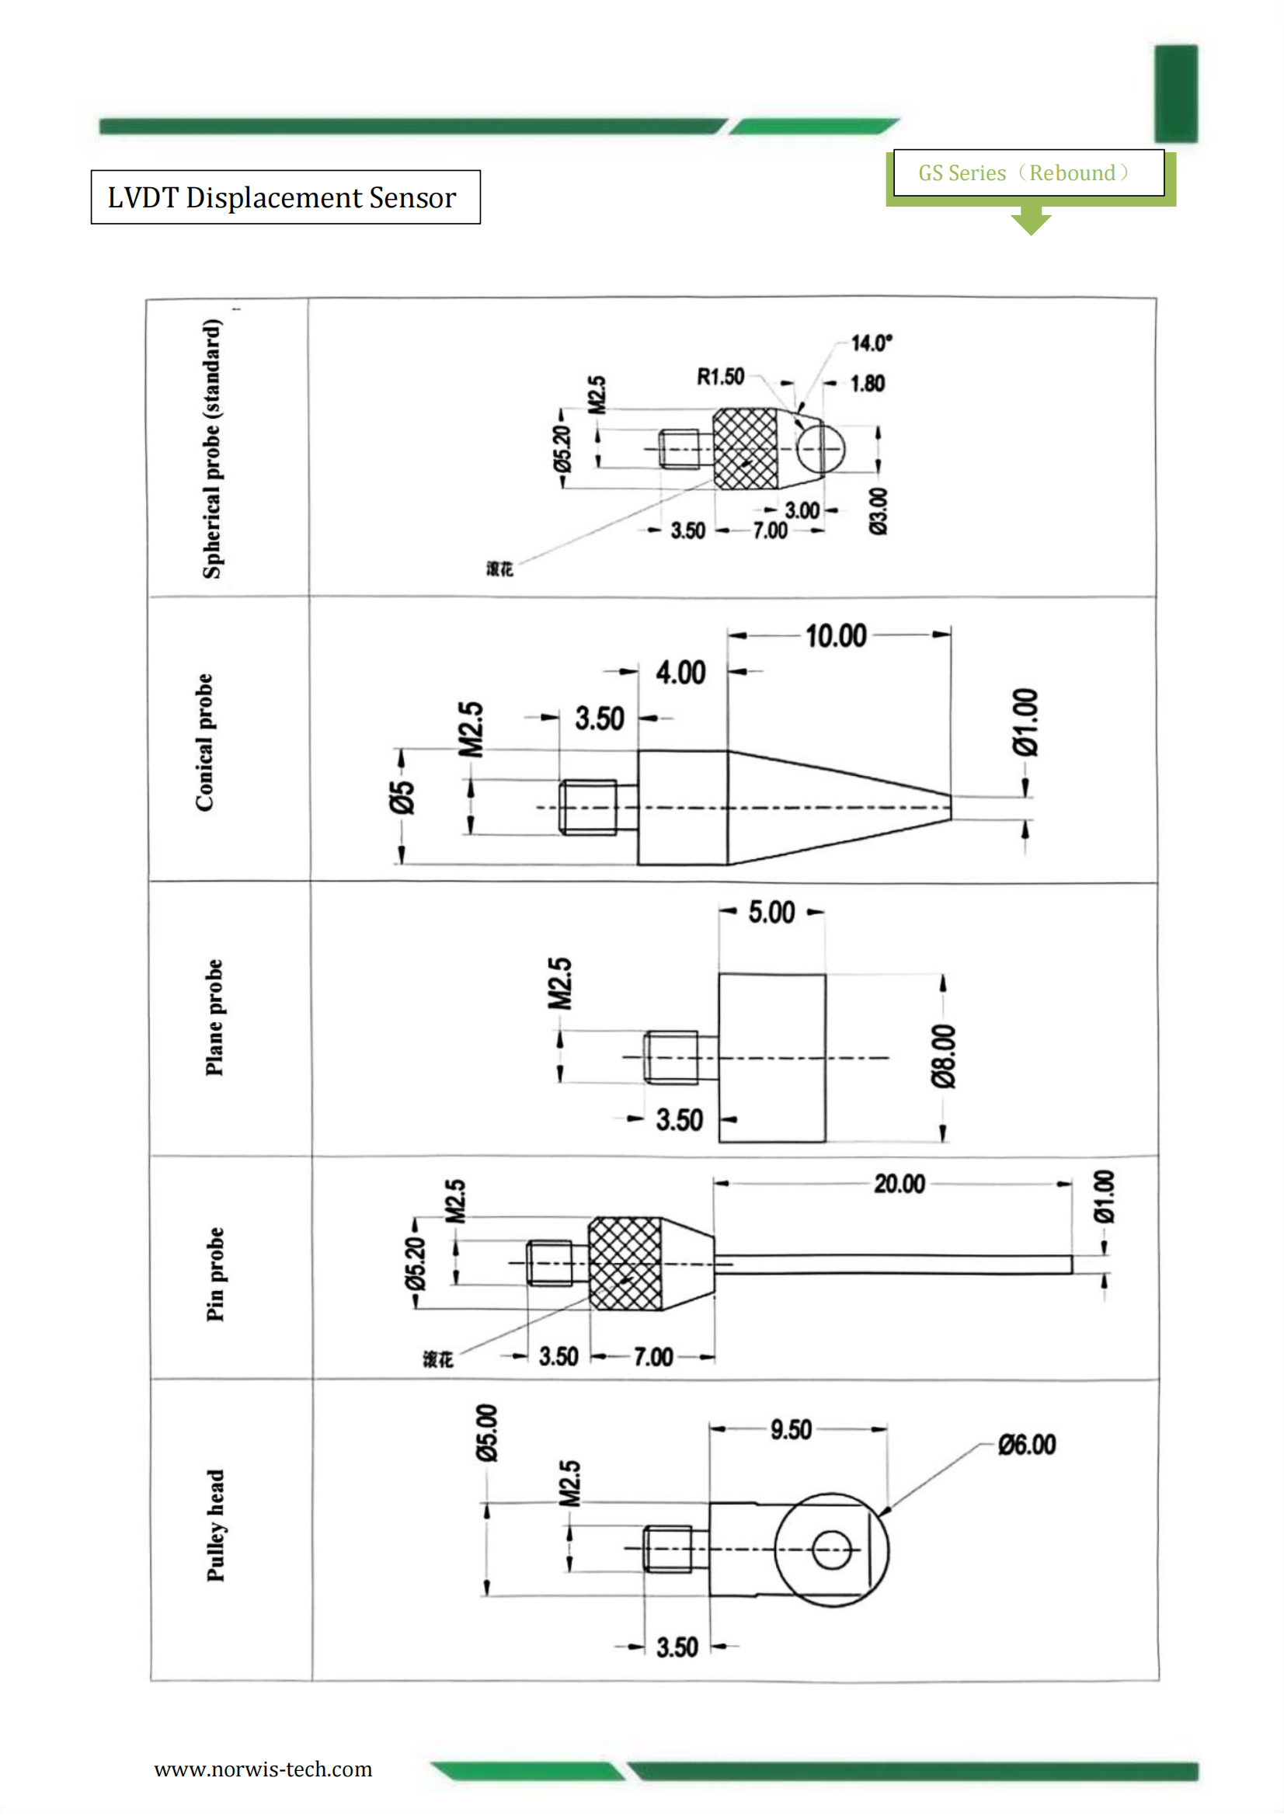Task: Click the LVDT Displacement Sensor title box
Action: [x=285, y=197]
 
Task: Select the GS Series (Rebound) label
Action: [x=1025, y=172]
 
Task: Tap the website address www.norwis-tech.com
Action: [x=263, y=1769]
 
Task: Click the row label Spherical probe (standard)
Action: [x=212, y=448]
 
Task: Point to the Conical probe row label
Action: [x=205, y=742]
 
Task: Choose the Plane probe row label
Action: [x=214, y=1018]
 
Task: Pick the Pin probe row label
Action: [x=214, y=1274]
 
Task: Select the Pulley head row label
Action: [x=215, y=1525]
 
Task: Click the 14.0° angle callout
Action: [x=870, y=343]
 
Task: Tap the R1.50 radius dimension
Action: [x=720, y=377]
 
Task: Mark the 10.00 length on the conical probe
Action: [x=836, y=635]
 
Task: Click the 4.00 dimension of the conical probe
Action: [x=680, y=673]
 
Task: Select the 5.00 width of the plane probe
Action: [x=771, y=912]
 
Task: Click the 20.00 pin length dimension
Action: [x=899, y=1183]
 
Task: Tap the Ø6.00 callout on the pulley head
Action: [x=1026, y=1444]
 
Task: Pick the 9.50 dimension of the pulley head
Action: [x=790, y=1429]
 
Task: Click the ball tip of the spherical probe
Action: [x=820, y=448]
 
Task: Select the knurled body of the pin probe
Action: [x=626, y=1264]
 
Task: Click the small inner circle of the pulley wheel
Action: [x=830, y=1549]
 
